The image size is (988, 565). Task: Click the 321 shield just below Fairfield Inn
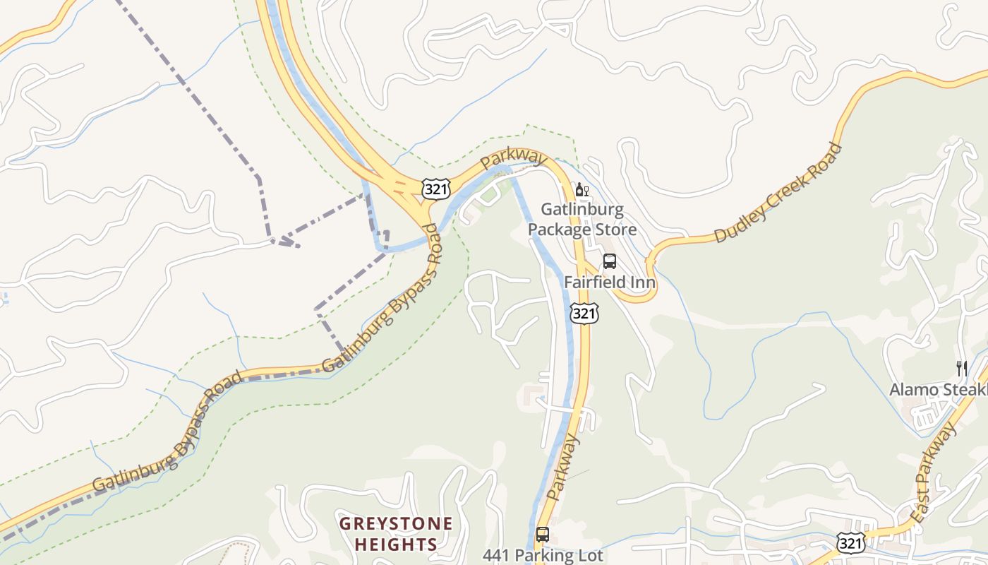584,313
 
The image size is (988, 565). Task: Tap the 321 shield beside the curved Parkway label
435,189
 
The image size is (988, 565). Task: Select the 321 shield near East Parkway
849,542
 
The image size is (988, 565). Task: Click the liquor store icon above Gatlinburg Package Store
582,189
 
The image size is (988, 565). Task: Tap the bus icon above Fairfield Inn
610,261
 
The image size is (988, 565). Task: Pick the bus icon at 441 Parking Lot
542,535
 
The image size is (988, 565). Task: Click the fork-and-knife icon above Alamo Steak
961,368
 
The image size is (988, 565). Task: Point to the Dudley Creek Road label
778,193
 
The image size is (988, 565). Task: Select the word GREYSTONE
396,524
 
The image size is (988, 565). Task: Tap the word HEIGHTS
396,545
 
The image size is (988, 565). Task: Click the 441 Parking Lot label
543,555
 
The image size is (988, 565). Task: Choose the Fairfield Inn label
610,282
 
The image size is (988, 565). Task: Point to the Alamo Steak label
938,390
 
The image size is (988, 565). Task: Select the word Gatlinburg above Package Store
582,210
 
